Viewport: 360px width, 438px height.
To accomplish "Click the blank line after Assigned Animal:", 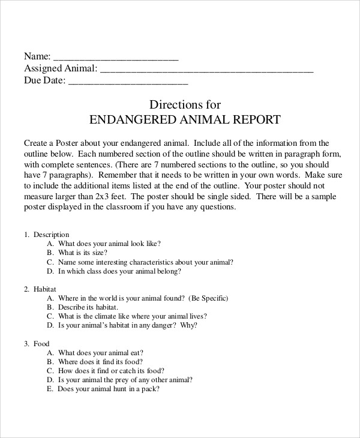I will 206,70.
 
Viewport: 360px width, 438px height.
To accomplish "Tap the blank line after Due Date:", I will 128,82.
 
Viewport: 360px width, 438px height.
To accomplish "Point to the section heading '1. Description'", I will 47,235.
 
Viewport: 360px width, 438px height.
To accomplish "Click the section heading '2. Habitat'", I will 40,289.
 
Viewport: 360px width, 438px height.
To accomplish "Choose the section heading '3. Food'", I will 37,344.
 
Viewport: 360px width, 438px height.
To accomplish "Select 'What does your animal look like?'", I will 109,244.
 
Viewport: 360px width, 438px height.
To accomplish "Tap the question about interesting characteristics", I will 146,262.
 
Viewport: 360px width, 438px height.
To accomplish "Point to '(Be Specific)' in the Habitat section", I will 208,298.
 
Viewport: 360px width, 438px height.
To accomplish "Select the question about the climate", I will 133,316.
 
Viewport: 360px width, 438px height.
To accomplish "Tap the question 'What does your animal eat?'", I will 101,353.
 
